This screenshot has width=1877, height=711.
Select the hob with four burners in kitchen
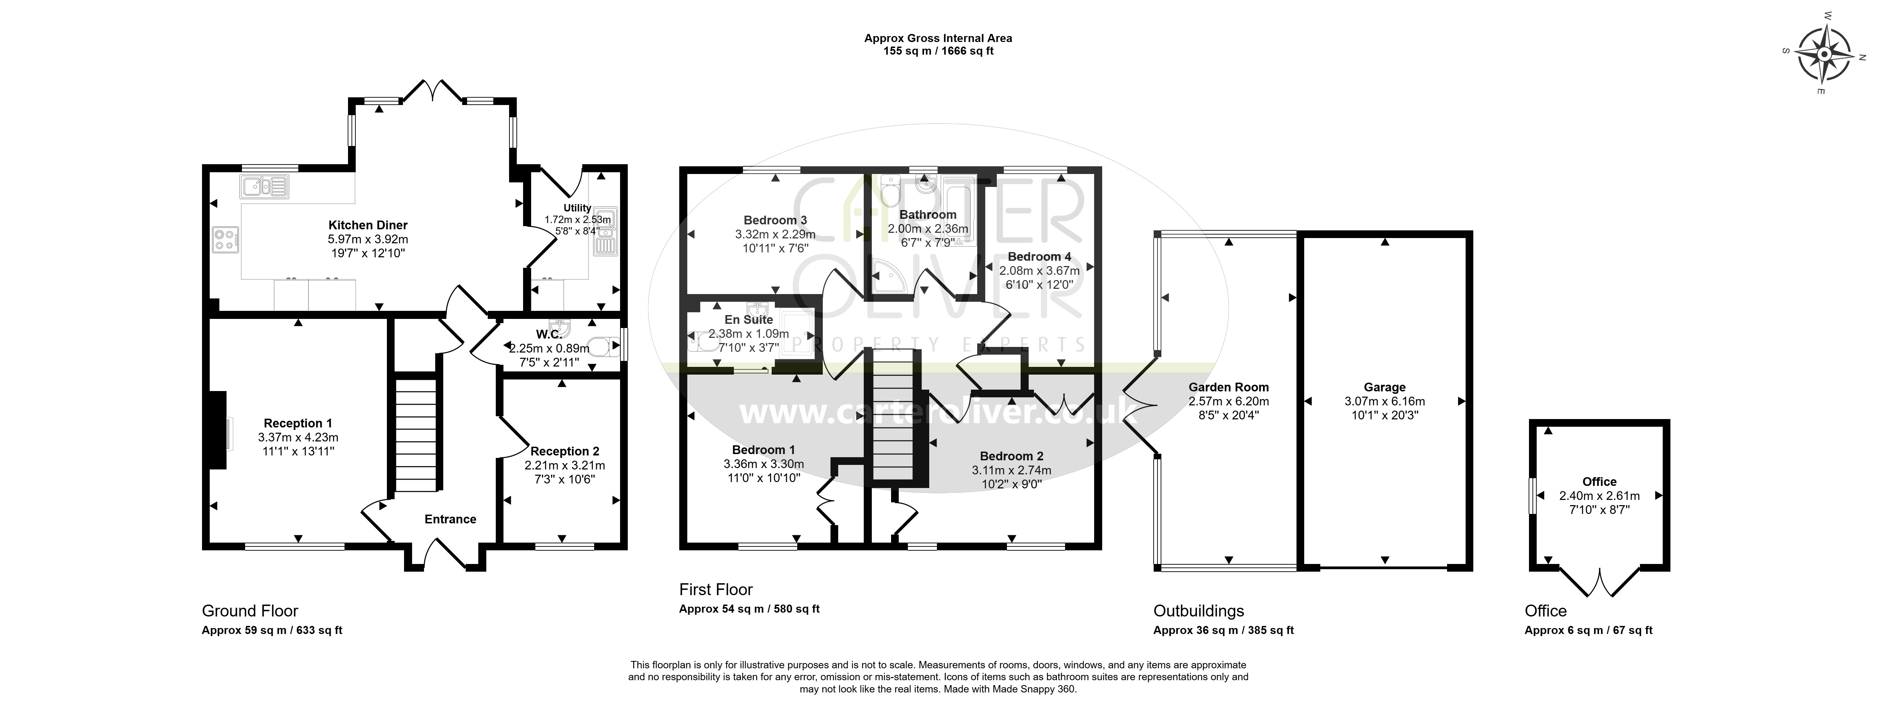[227, 240]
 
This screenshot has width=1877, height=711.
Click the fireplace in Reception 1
[218, 432]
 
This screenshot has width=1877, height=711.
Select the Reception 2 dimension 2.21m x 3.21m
[565, 465]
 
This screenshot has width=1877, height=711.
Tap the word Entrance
[450, 520]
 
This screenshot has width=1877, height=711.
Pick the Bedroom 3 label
[775, 220]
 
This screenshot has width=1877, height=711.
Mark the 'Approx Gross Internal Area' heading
[938, 38]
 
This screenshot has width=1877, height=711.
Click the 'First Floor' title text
[716, 589]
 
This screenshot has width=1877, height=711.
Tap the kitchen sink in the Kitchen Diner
[264, 187]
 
